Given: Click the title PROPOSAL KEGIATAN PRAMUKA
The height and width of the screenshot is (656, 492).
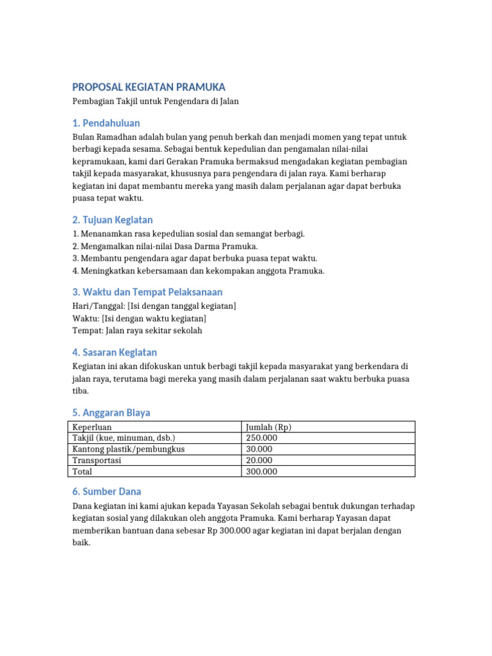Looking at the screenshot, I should (148, 87).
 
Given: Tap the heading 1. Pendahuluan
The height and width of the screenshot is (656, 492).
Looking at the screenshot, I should (106, 123).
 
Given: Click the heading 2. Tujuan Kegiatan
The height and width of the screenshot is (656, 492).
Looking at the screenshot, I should (112, 220).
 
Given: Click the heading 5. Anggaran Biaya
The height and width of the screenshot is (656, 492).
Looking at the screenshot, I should (111, 413).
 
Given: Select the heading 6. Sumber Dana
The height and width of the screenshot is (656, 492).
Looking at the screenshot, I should (106, 492).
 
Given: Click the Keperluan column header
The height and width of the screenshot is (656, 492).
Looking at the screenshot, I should (92, 427).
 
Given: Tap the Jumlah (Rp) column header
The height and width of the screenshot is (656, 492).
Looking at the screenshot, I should (269, 427).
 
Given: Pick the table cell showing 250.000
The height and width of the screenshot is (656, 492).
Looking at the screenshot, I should (261, 438).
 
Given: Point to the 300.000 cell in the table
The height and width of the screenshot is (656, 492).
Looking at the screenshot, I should (261, 471).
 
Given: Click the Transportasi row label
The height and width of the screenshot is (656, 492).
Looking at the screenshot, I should (97, 460).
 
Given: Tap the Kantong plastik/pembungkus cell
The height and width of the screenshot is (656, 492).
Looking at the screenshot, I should (129, 449).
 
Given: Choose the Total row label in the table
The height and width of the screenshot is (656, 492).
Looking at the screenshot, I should (82, 471).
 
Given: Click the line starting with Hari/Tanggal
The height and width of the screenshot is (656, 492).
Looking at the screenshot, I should (154, 306).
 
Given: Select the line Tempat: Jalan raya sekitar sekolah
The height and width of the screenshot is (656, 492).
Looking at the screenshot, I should (138, 331).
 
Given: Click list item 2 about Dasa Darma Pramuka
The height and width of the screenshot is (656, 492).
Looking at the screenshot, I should (165, 246).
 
